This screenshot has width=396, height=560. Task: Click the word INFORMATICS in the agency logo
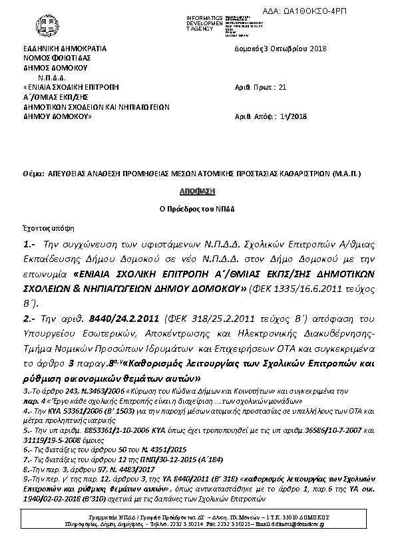coord(203,16)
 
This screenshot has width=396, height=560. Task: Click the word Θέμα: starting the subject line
coord(33,173)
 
